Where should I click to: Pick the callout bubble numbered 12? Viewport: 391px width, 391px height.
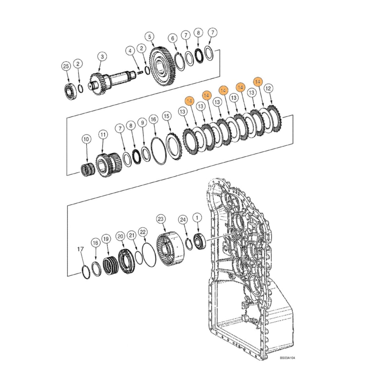(x=269, y=89)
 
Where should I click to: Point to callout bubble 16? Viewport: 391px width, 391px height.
(x=153, y=118)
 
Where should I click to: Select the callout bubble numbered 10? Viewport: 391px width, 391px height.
(x=86, y=138)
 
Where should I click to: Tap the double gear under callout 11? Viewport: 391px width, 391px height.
(x=108, y=164)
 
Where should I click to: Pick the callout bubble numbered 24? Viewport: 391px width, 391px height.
(x=183, y=220)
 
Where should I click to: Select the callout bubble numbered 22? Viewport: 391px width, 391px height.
(x=143, y=232)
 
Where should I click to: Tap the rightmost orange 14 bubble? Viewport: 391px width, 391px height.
(x=257, y=82)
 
